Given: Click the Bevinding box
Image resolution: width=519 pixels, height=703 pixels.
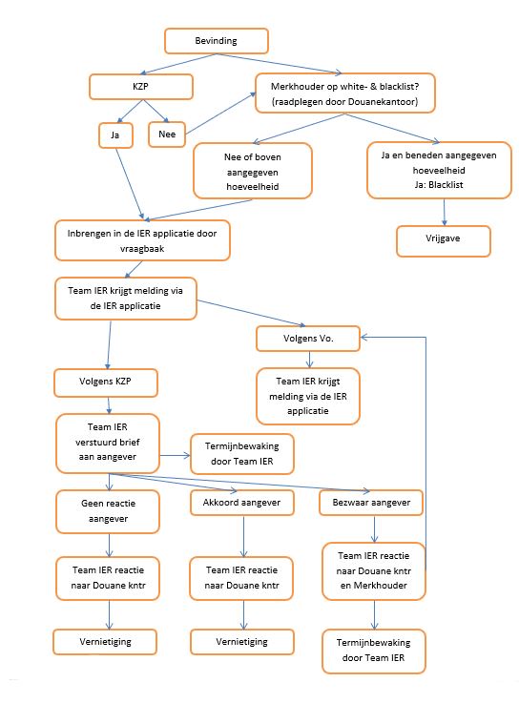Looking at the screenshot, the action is (217, 41).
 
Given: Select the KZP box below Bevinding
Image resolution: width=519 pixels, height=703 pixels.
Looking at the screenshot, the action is (141, 87).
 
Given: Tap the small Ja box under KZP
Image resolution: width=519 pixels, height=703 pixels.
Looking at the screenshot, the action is (115, 134).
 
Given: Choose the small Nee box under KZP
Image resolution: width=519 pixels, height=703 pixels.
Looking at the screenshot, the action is (167, 134).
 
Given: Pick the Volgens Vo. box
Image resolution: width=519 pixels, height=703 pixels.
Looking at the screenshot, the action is (308, 339).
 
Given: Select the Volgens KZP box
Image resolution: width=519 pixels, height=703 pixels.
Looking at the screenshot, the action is (105, 383).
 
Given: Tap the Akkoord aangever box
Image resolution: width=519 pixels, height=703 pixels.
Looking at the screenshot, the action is (241, 503).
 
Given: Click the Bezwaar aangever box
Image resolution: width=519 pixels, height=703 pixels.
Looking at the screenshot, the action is (371, 503).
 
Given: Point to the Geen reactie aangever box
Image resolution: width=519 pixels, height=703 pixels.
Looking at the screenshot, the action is (108, 511).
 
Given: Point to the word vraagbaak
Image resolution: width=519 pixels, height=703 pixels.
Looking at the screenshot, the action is (142, 249).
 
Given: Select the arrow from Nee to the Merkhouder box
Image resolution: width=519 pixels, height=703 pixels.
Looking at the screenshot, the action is (220, 113).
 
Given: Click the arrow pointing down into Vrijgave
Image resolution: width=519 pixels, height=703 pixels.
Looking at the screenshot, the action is (445, 212).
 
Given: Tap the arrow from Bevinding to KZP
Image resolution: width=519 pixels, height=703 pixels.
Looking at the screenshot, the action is (178, 64).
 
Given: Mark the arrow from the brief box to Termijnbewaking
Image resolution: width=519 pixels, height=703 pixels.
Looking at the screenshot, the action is (175, 456).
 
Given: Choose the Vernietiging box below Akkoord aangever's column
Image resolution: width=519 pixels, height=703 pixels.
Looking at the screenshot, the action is (242, 642).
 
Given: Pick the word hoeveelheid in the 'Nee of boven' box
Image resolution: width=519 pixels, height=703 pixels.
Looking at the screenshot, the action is (253, 187).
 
